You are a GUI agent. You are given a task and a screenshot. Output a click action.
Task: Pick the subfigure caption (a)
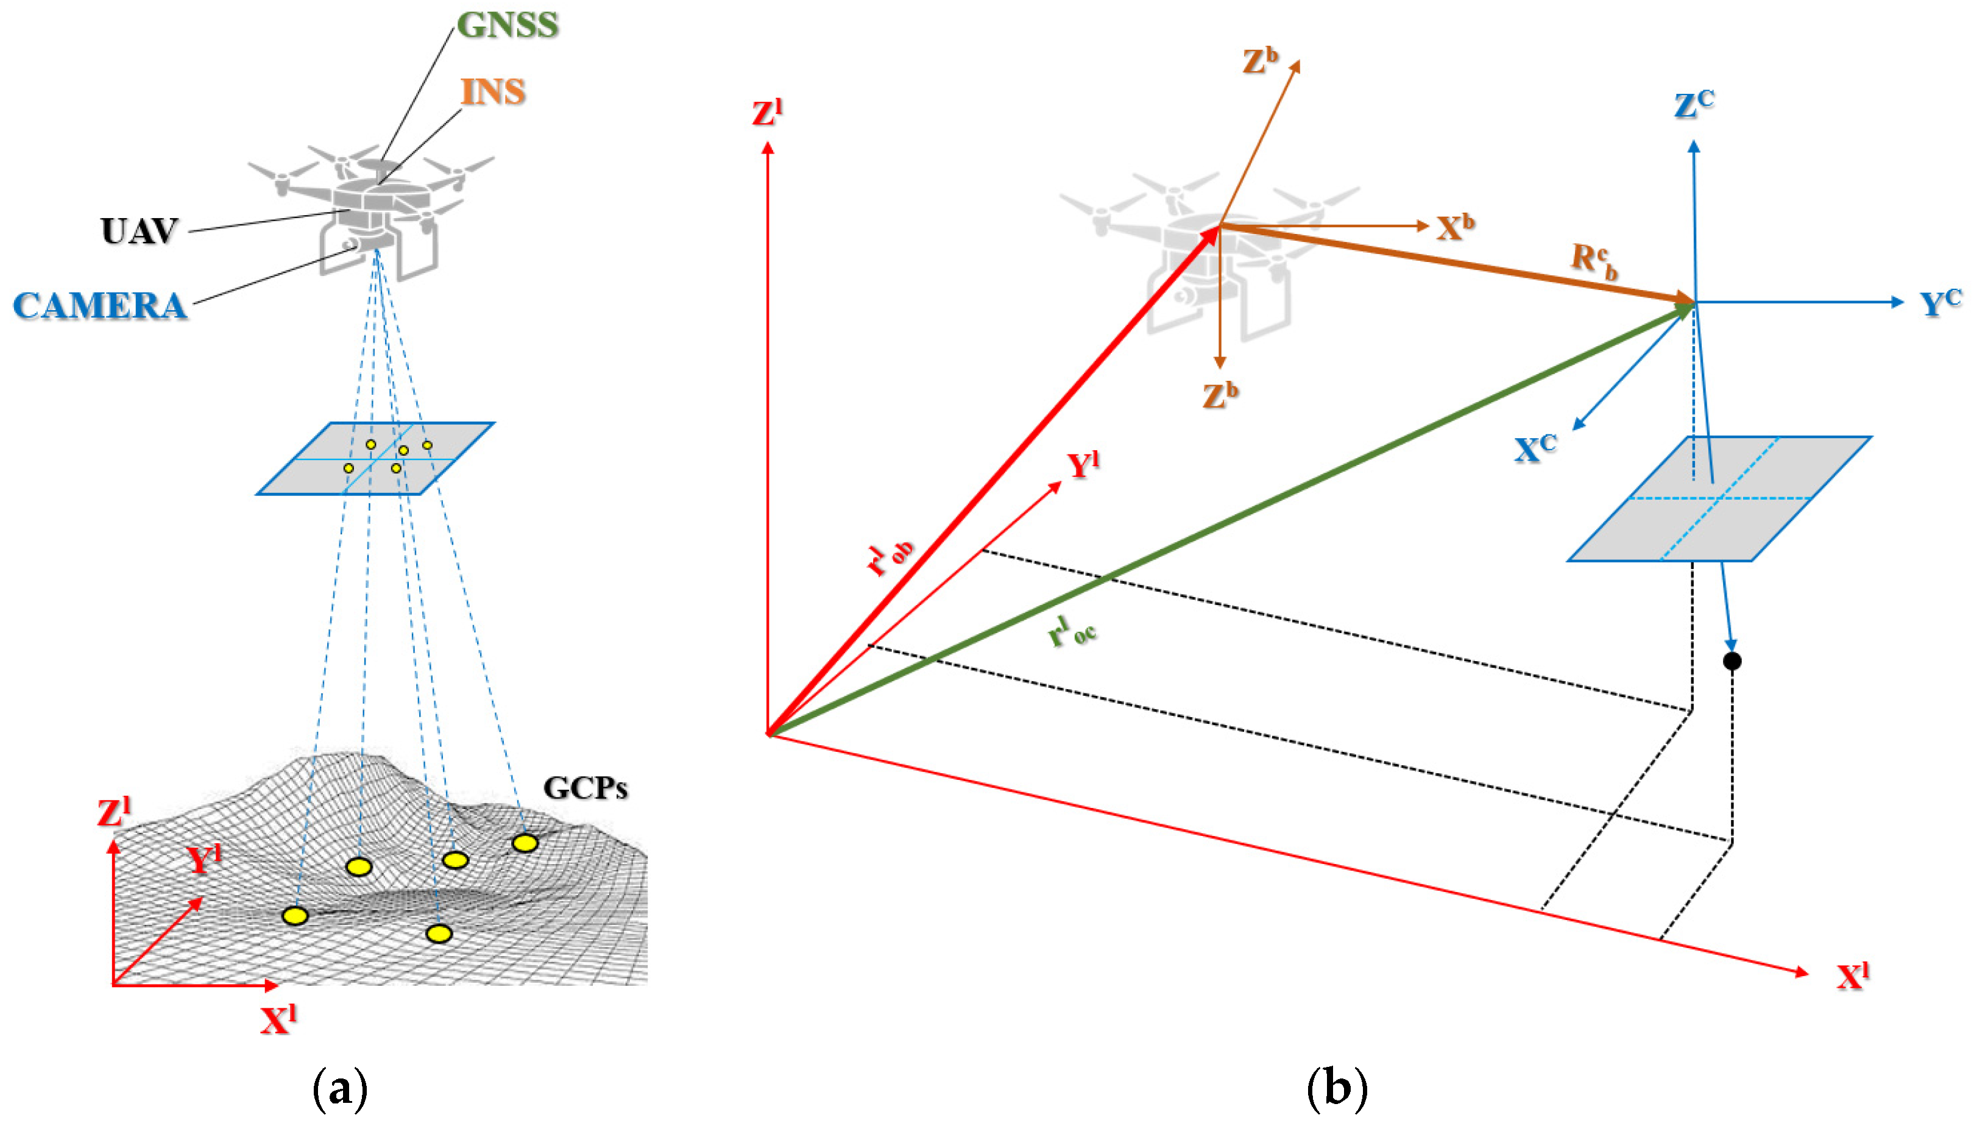point(339,1089)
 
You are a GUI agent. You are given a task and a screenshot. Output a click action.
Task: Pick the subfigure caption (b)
point(1336,1089)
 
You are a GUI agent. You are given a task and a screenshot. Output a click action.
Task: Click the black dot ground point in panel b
point(1732,661)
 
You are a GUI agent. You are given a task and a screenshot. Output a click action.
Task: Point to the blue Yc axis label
point(1940,303)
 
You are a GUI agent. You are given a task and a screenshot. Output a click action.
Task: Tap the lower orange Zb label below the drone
point(1220,395)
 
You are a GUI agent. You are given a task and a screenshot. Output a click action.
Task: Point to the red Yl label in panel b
point(1083,466)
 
